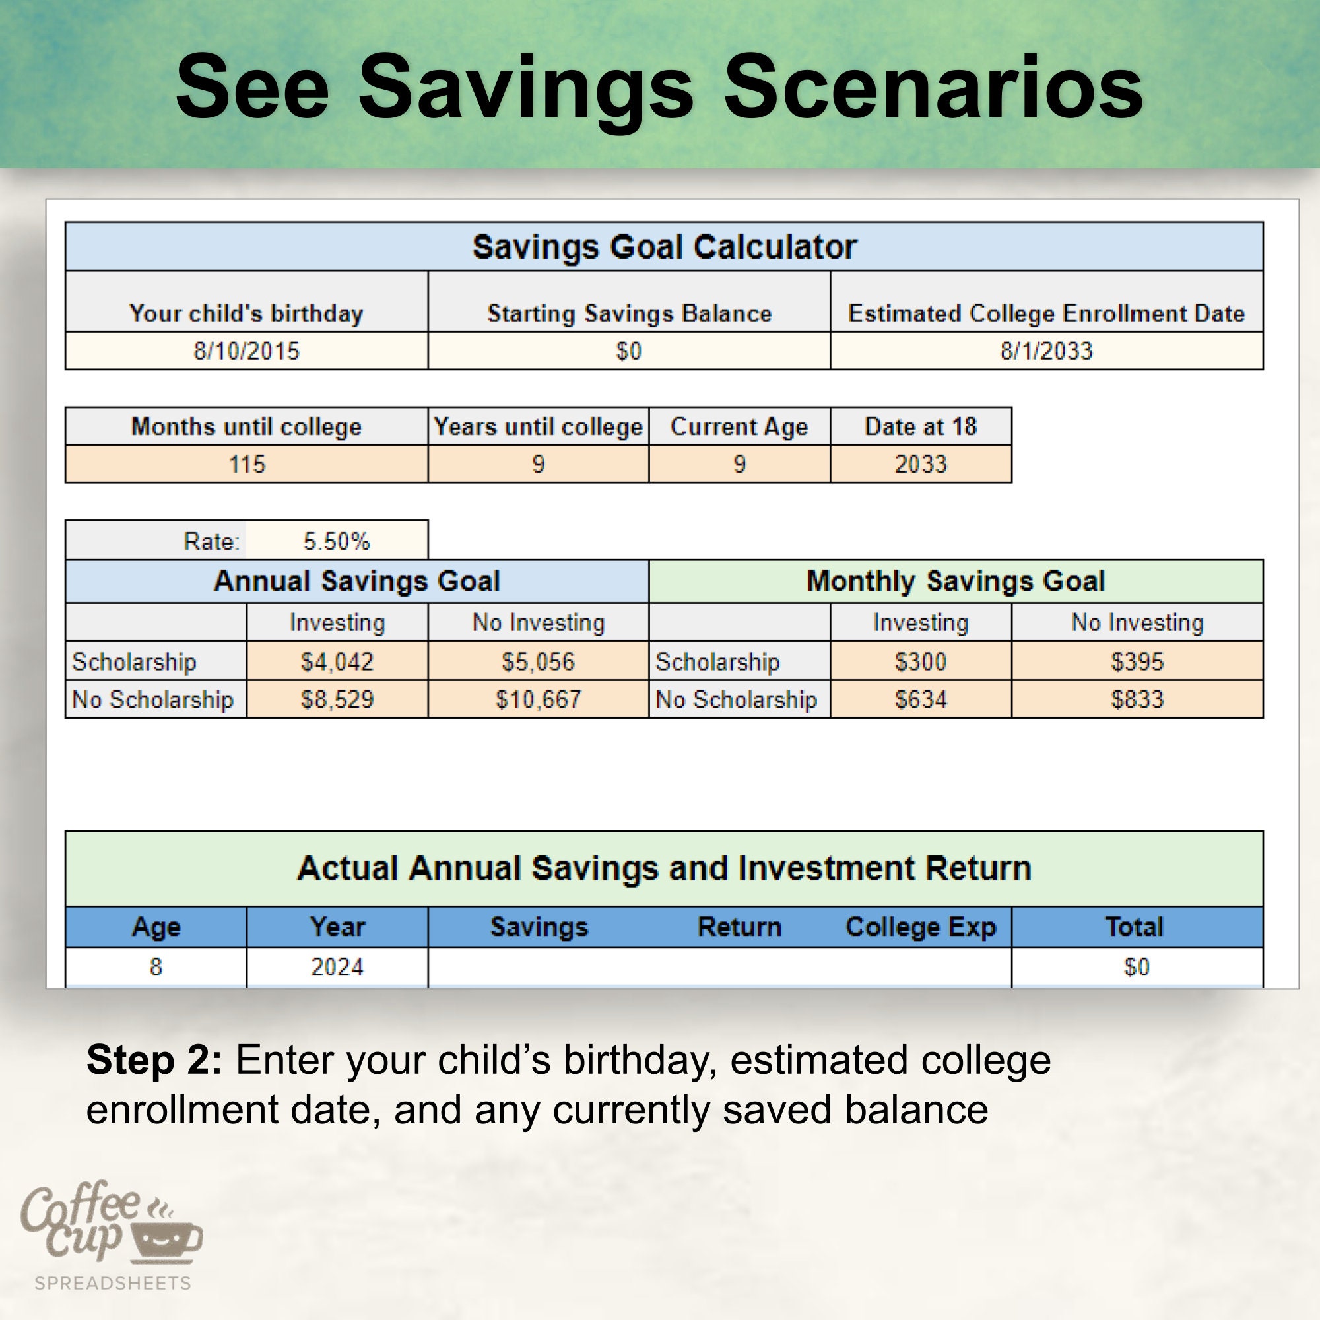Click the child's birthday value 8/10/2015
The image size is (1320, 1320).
(x=247, y=351)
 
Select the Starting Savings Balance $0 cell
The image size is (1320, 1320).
(x=628, y=351)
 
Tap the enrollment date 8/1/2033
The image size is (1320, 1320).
(x=1046, y=351)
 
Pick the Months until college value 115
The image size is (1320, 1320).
(x=247, y=465)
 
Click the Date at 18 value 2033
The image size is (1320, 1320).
(x=920, y=465)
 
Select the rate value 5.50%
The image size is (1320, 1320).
(x=336, y=542)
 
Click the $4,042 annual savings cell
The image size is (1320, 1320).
(x=337, y=661)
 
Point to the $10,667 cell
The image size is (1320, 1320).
(x=539, y=700)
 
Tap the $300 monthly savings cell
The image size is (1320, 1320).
(x=920, y=661)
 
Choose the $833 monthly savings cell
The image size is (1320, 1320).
(x=1137, y=700)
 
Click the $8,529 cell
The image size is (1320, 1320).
(x=337, y=700)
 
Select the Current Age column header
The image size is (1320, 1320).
(x=739, y=427)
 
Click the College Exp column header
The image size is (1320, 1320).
(x=920, y=927)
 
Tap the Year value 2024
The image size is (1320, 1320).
(x=337, y=967)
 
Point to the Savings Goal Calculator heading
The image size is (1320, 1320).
(x=664, y=247)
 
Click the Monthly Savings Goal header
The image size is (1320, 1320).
(x=955, y=581)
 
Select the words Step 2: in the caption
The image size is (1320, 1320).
(x=154, y=1061)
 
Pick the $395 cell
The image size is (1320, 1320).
(x=1137, y=661)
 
